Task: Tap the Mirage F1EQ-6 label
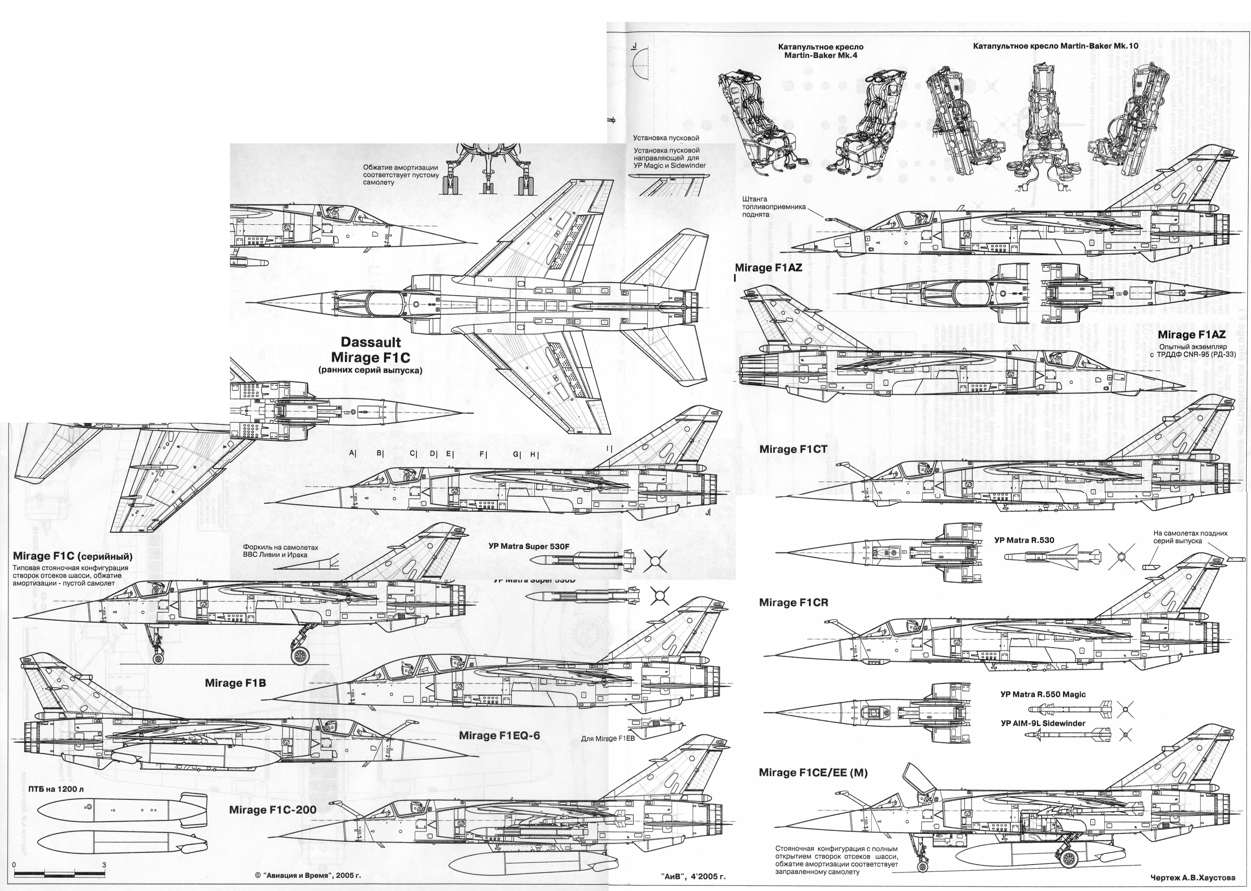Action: coord(499,735)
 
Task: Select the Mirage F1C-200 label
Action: coord(272,810)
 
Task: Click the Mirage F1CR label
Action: coord(793,602)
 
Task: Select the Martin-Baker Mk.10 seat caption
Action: coord(1055,46)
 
